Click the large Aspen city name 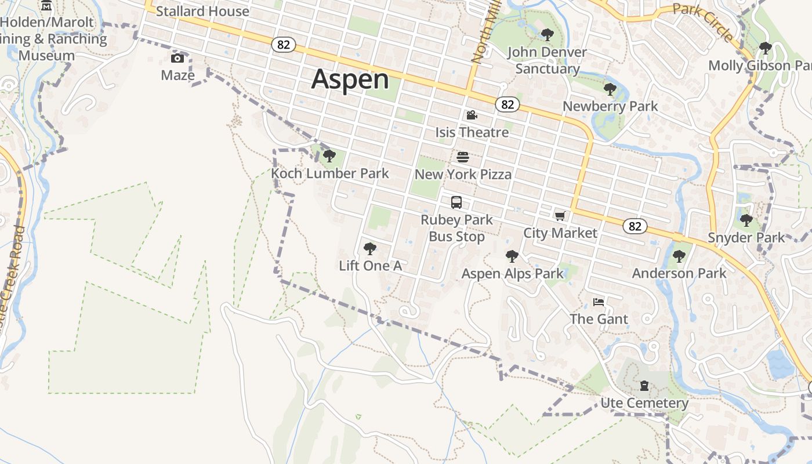(350, 79)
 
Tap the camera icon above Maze (177, 58)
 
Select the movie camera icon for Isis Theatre (472, 115)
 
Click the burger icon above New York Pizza (463, 157)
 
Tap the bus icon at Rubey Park (456, 202)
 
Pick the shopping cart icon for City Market (560, 216)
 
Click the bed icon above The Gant (599, 302)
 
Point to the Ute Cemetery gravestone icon (644, 386)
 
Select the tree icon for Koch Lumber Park (329, 155)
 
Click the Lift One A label (370, 266)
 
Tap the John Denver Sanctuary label (547, 60)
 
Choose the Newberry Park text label (610, 106)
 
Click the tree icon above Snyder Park (746, 220)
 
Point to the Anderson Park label (679, 273)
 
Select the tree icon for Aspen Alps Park (512, 256)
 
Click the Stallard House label (202, 11)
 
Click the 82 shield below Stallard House (283, 45)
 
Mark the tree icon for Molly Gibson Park (766, 48)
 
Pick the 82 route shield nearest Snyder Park (635, 226)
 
